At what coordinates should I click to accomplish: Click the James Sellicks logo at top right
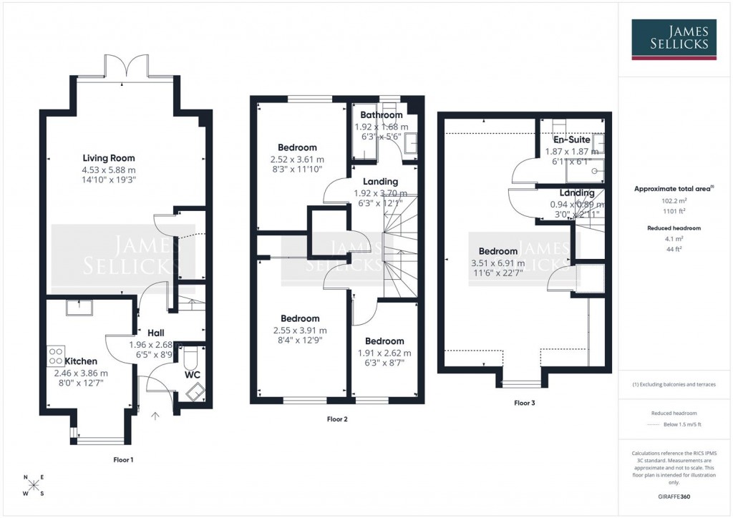pos(674,38)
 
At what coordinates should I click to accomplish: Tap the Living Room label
pos(109,158)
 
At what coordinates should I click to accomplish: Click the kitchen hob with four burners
pos(56,356)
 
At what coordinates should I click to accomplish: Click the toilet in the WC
pos(190,356)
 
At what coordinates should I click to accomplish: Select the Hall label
pos(156,333)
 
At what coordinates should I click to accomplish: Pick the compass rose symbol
pos(34,486)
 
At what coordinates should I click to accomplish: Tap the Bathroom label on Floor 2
pos(381,115)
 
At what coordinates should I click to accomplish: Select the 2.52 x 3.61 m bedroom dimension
pos(297,160)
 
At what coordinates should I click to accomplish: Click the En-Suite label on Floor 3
pos(572,140)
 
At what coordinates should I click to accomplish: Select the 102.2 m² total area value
pos(674,202)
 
